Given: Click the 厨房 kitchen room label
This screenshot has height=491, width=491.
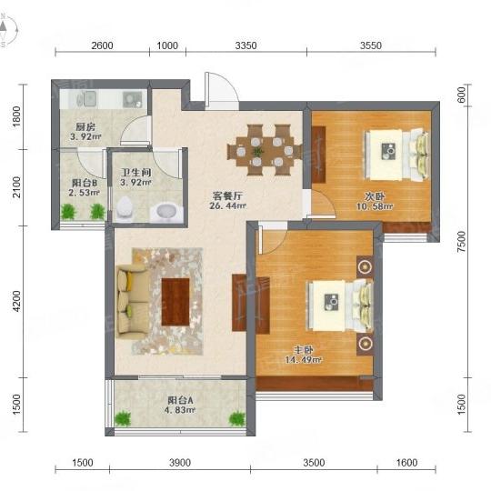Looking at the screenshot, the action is (85, 126).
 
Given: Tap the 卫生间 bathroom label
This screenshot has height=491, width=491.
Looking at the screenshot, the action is (135, 172).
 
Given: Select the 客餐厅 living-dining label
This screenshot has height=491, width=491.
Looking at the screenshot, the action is (227, 196).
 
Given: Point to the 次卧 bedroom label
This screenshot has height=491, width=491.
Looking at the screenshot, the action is (375, 196).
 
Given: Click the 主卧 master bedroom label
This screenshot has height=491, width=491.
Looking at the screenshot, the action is (303, 350).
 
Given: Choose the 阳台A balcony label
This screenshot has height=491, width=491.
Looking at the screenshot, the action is (180, 400).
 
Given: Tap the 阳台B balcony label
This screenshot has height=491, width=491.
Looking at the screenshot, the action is (85, 183).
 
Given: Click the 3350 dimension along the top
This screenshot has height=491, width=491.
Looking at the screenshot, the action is (245, 45).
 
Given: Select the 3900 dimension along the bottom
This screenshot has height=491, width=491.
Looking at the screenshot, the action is (180, 463).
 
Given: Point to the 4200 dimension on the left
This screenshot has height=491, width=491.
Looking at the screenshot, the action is (16, 301).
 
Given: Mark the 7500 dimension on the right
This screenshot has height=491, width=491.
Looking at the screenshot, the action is (462, 242).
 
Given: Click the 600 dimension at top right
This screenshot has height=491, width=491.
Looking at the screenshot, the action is (462, 95).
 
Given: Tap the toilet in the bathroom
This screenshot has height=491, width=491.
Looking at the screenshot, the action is (125, 207).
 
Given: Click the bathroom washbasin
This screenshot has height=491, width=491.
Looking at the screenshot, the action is (167, 212).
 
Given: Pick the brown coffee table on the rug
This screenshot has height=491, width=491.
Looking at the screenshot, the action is (175, 302).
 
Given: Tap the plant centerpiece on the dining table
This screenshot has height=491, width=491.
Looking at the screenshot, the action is (257, 152).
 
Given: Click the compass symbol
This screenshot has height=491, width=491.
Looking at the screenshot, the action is (7, 30).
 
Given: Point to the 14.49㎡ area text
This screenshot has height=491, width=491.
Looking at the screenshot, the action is (303, 360).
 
